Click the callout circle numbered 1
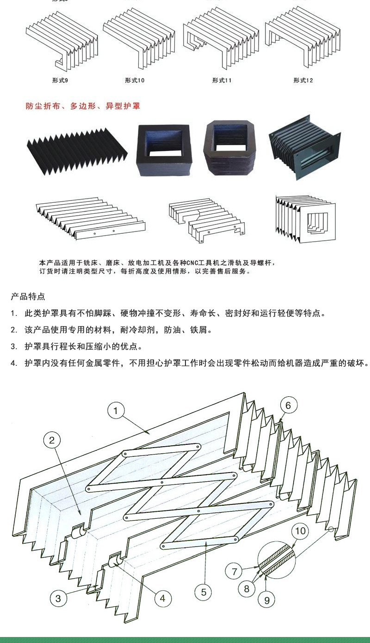coord(116,410)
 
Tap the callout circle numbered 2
coord(52,440)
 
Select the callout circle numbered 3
coord(58,599)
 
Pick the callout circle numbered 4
coord(162,599)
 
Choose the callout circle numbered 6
coord(288,406)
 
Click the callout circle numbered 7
coord(234,571)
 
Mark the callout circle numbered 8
coord(247,588)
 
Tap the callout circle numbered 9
coord(266,600)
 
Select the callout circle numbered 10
coord(301,531)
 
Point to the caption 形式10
coord(135,80)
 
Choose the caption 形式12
coord(303,80)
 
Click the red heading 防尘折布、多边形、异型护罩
coord(83,106)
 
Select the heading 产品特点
coord(28,296)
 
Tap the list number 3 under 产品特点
coord(14,346)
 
